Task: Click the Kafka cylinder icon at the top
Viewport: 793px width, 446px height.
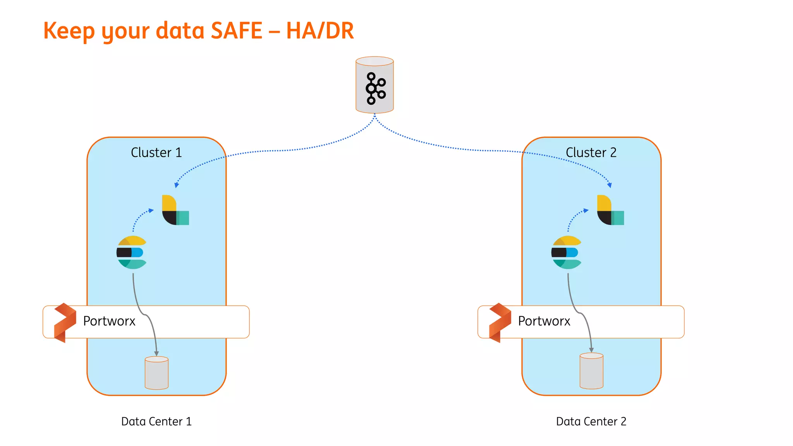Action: coord(374,85)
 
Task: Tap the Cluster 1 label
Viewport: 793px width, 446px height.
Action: coord(156,153)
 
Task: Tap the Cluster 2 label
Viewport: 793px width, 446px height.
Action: coord(591,153)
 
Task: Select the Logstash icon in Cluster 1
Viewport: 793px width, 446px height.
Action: coord(175,210)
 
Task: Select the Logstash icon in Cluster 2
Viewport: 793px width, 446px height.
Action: coord(610,210)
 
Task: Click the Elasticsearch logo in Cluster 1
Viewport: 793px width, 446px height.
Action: coord(132,252)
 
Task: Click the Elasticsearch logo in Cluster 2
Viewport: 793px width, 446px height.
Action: coord(566,252)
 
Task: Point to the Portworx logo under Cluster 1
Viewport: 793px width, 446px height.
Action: coord(65,322)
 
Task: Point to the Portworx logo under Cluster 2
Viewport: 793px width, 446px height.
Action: coord(499,322)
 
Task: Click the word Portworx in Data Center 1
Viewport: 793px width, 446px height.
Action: coord(109,321)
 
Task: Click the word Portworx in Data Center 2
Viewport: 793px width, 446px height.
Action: coord(544,321)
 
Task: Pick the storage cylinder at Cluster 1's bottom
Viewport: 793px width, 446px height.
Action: coord(156,372)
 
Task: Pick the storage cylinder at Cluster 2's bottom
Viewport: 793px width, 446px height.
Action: coord(591,371)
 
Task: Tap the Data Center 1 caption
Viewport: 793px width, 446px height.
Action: coord(156,421)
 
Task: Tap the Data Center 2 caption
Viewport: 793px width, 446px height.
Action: coord(591,421)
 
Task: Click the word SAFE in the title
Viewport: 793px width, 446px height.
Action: coord(237,31)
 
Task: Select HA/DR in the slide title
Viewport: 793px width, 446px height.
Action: coord(320,31)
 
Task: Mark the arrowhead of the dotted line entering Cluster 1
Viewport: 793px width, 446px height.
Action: coord(177,185)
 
